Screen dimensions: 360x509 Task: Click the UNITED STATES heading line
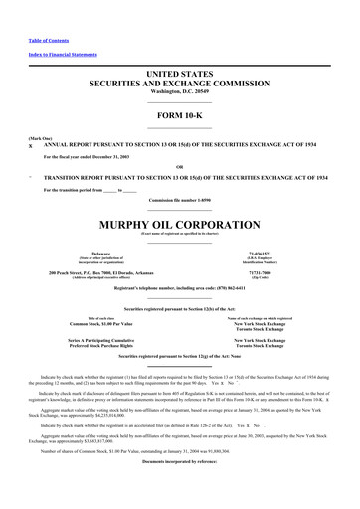click(x=179, y=75)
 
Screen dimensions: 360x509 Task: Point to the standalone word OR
click(x=179, y=166)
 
